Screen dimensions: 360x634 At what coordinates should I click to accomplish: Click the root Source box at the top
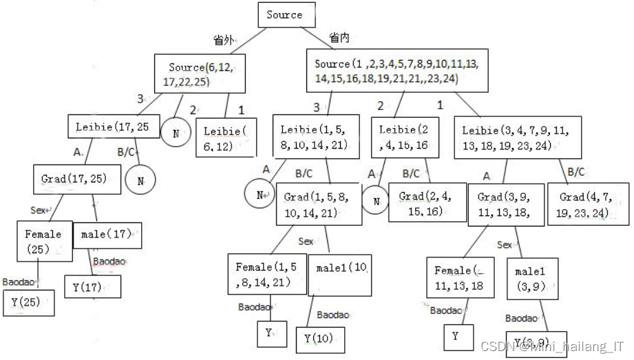pyautogui.click(x=284, y=15)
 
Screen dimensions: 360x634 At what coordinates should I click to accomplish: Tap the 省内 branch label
pyautogui.click(x=338, y=37)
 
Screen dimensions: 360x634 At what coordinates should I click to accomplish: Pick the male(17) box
pyautogui.click(x=106, y=235)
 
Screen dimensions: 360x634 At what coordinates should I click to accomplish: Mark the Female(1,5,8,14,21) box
pyautogui.click(x=267, y=273)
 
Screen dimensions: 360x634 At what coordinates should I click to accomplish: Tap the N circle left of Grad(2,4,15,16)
pyautogui.click(x=376, y=202)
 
